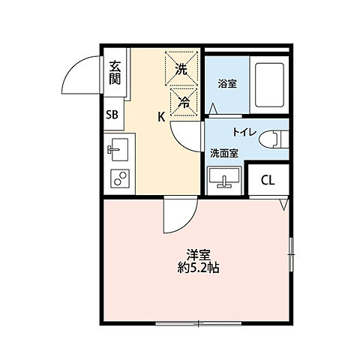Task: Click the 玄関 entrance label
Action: tap(114, 73)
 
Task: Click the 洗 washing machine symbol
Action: tap(181, 69)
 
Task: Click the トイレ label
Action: tap(244, 133)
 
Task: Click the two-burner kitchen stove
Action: tap(118, 178)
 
